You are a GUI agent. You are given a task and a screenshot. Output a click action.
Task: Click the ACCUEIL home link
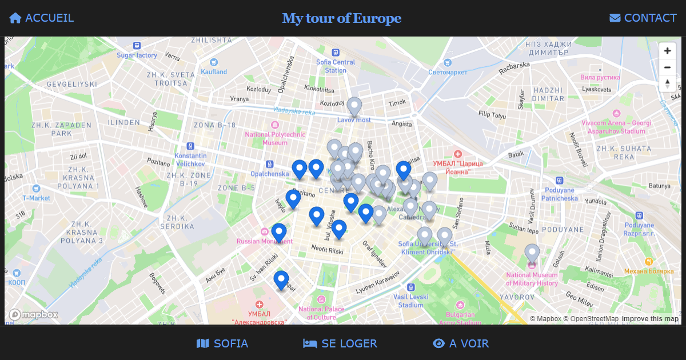[x=42, y=18]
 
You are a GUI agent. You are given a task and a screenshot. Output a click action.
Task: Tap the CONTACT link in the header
[x=643, y=18]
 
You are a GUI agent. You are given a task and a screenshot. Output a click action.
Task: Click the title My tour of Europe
[x=342, y=18]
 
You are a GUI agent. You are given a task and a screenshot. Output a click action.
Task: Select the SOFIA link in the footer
[x=222, y=343]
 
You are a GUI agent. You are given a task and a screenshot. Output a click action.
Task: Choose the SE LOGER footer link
[x=340, y=343]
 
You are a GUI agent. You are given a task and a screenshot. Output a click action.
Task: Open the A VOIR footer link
[x=461, y=343]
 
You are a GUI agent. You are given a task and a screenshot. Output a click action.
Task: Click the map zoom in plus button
[x=667, y=51]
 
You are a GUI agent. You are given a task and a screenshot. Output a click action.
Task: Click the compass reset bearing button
[x=667, y=84]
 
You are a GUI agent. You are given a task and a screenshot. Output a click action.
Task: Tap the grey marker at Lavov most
[x=354, y=106]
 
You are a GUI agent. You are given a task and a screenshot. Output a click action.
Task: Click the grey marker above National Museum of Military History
[x=532, y=253]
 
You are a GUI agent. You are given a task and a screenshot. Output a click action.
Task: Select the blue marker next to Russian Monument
[x=278, y=233]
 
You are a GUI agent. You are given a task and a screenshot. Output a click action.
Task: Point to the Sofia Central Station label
[x=336, y=66]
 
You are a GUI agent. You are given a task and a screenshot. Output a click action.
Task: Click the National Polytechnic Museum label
[x=275, y=138]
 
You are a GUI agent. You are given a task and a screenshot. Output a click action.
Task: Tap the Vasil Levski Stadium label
[x=411, y=301]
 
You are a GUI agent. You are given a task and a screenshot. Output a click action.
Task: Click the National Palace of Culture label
[x=321, y=313]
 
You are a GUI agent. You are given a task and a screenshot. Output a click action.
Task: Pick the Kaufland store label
[x=214, y=72]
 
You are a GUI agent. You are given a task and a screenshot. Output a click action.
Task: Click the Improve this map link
[x=650, y=319]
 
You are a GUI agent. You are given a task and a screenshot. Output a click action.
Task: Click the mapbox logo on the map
[x=34, y=315]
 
